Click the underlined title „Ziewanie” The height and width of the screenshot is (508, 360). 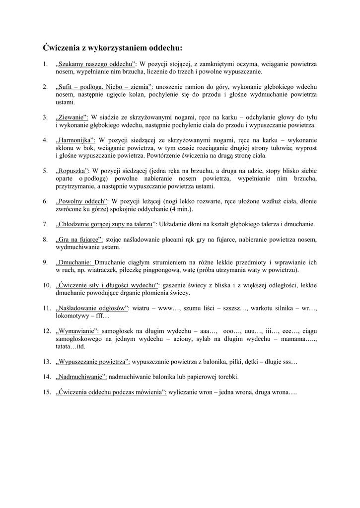(x=72, y=117)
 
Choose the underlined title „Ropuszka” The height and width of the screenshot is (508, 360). (x=72, y=170)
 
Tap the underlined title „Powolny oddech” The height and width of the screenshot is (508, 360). (x=82, y=201)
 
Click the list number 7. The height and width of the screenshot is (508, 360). (x=45, y=224)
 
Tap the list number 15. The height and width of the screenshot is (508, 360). (x=46, y=392)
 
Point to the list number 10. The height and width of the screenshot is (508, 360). (x=46, y=285)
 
